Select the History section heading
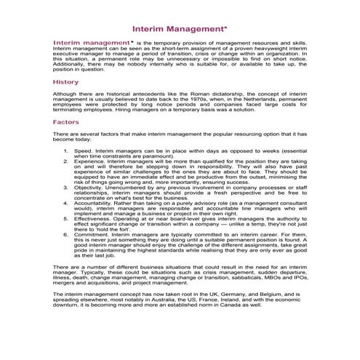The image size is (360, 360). coord(65,82)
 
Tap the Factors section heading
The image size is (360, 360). coord(65,122)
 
